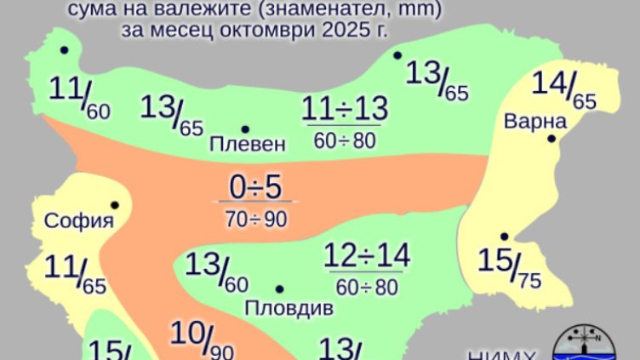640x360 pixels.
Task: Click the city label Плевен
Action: point(248,144)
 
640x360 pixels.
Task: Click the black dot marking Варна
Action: point(551,138)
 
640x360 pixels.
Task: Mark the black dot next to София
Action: point(113,205)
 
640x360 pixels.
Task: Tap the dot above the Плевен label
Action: point(245,129)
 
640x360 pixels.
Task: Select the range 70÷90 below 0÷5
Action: point(256,218)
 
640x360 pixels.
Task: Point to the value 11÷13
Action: point(345,109)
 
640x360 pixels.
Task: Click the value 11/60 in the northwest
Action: point(79,94)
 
